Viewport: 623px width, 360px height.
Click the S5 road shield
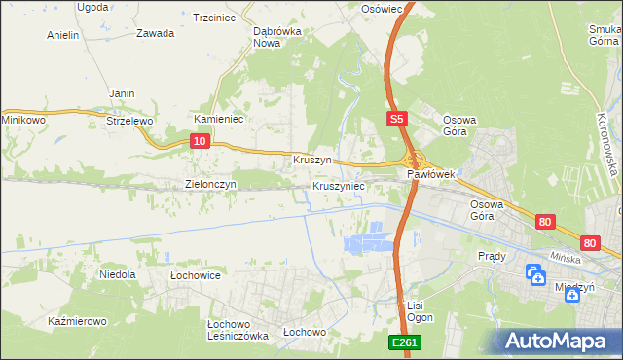[395, 119]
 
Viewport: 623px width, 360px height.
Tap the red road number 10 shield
[199, 142]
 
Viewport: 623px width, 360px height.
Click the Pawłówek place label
[430, 175]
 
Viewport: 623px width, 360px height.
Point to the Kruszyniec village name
[339, 185]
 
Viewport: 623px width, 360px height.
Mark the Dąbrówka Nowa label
[274, 37]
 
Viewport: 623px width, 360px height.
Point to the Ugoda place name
[93, 7]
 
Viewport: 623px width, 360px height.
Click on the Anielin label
[62, 35]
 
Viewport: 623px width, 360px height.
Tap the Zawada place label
[156, 33]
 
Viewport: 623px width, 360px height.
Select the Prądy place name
[492, 256]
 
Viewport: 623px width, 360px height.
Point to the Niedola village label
[117, 275]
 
